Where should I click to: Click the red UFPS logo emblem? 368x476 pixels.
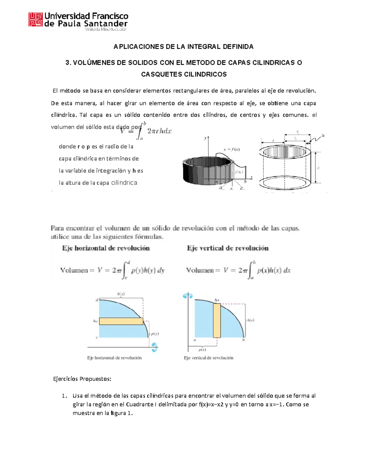tap(36, 20)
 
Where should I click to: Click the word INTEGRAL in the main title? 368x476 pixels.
tap(204, 47)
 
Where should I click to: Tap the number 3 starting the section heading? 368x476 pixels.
tap(67, 63)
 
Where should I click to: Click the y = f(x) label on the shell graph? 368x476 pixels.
tap(232, 150)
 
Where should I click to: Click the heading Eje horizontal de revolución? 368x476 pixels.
tap(106, 248)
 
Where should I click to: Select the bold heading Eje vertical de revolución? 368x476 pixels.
tap(228, 248)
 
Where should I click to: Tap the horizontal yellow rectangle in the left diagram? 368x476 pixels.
tap(121, 321)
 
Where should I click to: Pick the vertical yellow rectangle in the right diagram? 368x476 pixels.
tap(217, 320)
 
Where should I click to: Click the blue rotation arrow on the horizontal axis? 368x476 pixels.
tap(154, 347)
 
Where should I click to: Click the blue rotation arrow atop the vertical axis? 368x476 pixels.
tap(187, 296)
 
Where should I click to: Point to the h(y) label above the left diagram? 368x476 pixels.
tap(121, 294)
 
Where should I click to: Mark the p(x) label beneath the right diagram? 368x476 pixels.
tap(202, 350)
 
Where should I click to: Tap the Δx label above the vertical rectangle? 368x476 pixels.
tap(217, 300)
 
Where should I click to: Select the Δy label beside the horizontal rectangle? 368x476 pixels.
tap(95, 321)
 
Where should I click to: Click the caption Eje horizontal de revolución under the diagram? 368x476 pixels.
tap(114, 358)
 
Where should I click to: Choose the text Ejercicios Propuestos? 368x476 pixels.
tap(82, 379)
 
